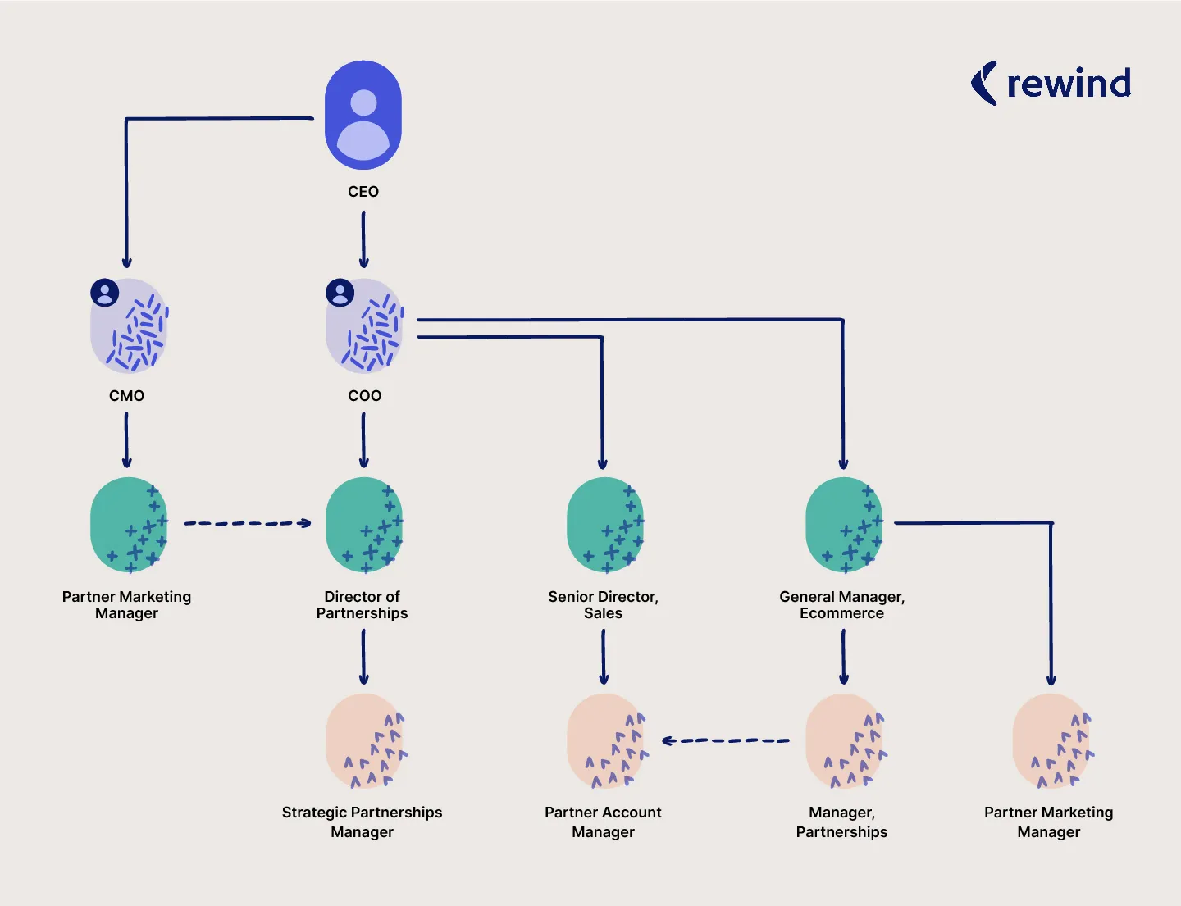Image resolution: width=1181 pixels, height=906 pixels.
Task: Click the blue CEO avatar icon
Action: (363, 115)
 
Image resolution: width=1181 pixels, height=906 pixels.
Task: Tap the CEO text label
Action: (363, 192)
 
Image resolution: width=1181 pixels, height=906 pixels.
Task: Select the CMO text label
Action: (126, 396)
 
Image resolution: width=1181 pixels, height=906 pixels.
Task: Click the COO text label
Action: (364, 396)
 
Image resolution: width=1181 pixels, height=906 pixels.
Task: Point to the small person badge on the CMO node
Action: (104, 293)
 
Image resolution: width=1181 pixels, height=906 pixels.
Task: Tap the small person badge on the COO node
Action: (340, 293)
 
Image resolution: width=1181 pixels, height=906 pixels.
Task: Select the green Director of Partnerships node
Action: (364, 525)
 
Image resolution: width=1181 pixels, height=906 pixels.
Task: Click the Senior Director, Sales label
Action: (603, 605)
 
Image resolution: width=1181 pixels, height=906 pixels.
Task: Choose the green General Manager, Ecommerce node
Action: (844, 525)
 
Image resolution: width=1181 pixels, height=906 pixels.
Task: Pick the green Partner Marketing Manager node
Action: (128, 525)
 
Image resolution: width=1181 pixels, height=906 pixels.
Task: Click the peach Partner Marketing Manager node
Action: (1051, 740)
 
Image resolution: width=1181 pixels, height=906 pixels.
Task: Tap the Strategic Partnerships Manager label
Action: (362, 822)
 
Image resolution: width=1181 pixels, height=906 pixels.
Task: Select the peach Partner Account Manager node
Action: (605, 740)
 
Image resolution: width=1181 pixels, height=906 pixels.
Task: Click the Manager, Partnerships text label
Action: (841, 822)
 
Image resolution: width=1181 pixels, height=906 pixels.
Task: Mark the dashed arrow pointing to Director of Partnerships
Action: (247, 523)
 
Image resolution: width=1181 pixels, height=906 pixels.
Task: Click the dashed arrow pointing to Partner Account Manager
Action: (725, 740)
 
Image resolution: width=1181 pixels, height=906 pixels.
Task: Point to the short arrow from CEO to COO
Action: (363, 239)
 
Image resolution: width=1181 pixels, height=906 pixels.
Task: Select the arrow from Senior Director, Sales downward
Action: (604, 657)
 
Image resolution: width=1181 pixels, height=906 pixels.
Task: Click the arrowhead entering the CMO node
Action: (127, 262)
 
